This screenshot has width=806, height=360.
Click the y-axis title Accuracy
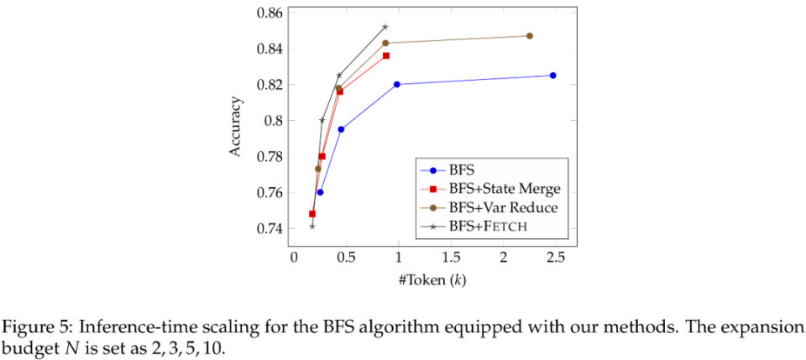pyautogui.click(x=237, y=127)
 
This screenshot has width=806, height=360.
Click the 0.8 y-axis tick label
pyautogui.click(x=274, y=121)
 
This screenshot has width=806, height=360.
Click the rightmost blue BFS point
pyautogui.click(x=552, y=76)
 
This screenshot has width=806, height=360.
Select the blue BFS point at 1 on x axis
pyautogui.click(x=397, y=84)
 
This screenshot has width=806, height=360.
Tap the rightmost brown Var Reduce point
pyautogui.click(x=529, y=36)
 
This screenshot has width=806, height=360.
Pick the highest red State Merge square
pyautogui.click(x=386, y=55)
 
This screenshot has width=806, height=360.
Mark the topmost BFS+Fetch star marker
pyautogui.click(x=385, y=27)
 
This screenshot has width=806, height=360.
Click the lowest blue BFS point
pyautogui.click(x=320, y=192)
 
